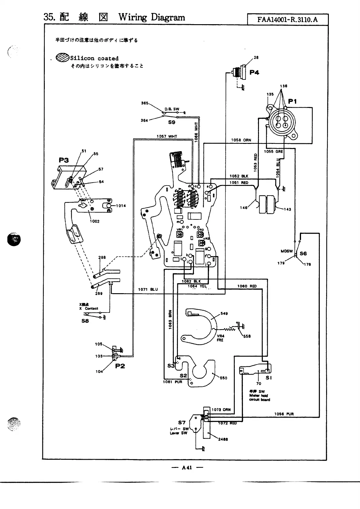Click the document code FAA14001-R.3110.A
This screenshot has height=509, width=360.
287,20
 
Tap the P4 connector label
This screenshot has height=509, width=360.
254,73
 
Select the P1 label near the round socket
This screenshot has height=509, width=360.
292,102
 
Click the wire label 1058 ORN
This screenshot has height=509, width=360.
241,140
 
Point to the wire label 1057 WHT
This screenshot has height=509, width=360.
167,136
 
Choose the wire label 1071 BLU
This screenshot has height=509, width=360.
148,289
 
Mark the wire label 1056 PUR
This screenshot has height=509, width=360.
284,414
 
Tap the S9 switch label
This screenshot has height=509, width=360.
172,122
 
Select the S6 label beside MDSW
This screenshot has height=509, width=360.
303,254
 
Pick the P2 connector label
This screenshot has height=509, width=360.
120,366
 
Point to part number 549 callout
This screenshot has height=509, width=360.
224,313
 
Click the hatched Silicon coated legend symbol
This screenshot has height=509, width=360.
63,57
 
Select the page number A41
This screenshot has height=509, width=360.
187,468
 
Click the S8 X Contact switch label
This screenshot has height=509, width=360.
85,321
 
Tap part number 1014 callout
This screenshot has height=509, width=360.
121,206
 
